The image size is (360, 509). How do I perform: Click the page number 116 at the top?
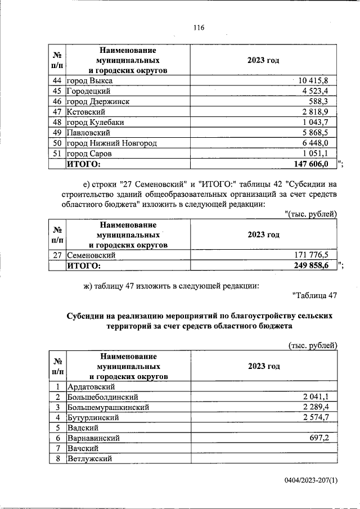pos(198,28)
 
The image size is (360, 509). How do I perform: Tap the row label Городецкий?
pos(88,91)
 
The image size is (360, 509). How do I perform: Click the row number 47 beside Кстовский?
pos(56,112)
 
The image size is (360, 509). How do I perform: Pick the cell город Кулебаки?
pos(95,122)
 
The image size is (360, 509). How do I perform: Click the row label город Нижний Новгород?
pos(111,143)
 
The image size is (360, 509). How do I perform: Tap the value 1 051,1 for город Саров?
pos(320,153)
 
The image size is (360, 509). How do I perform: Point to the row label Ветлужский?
pos(90,458)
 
